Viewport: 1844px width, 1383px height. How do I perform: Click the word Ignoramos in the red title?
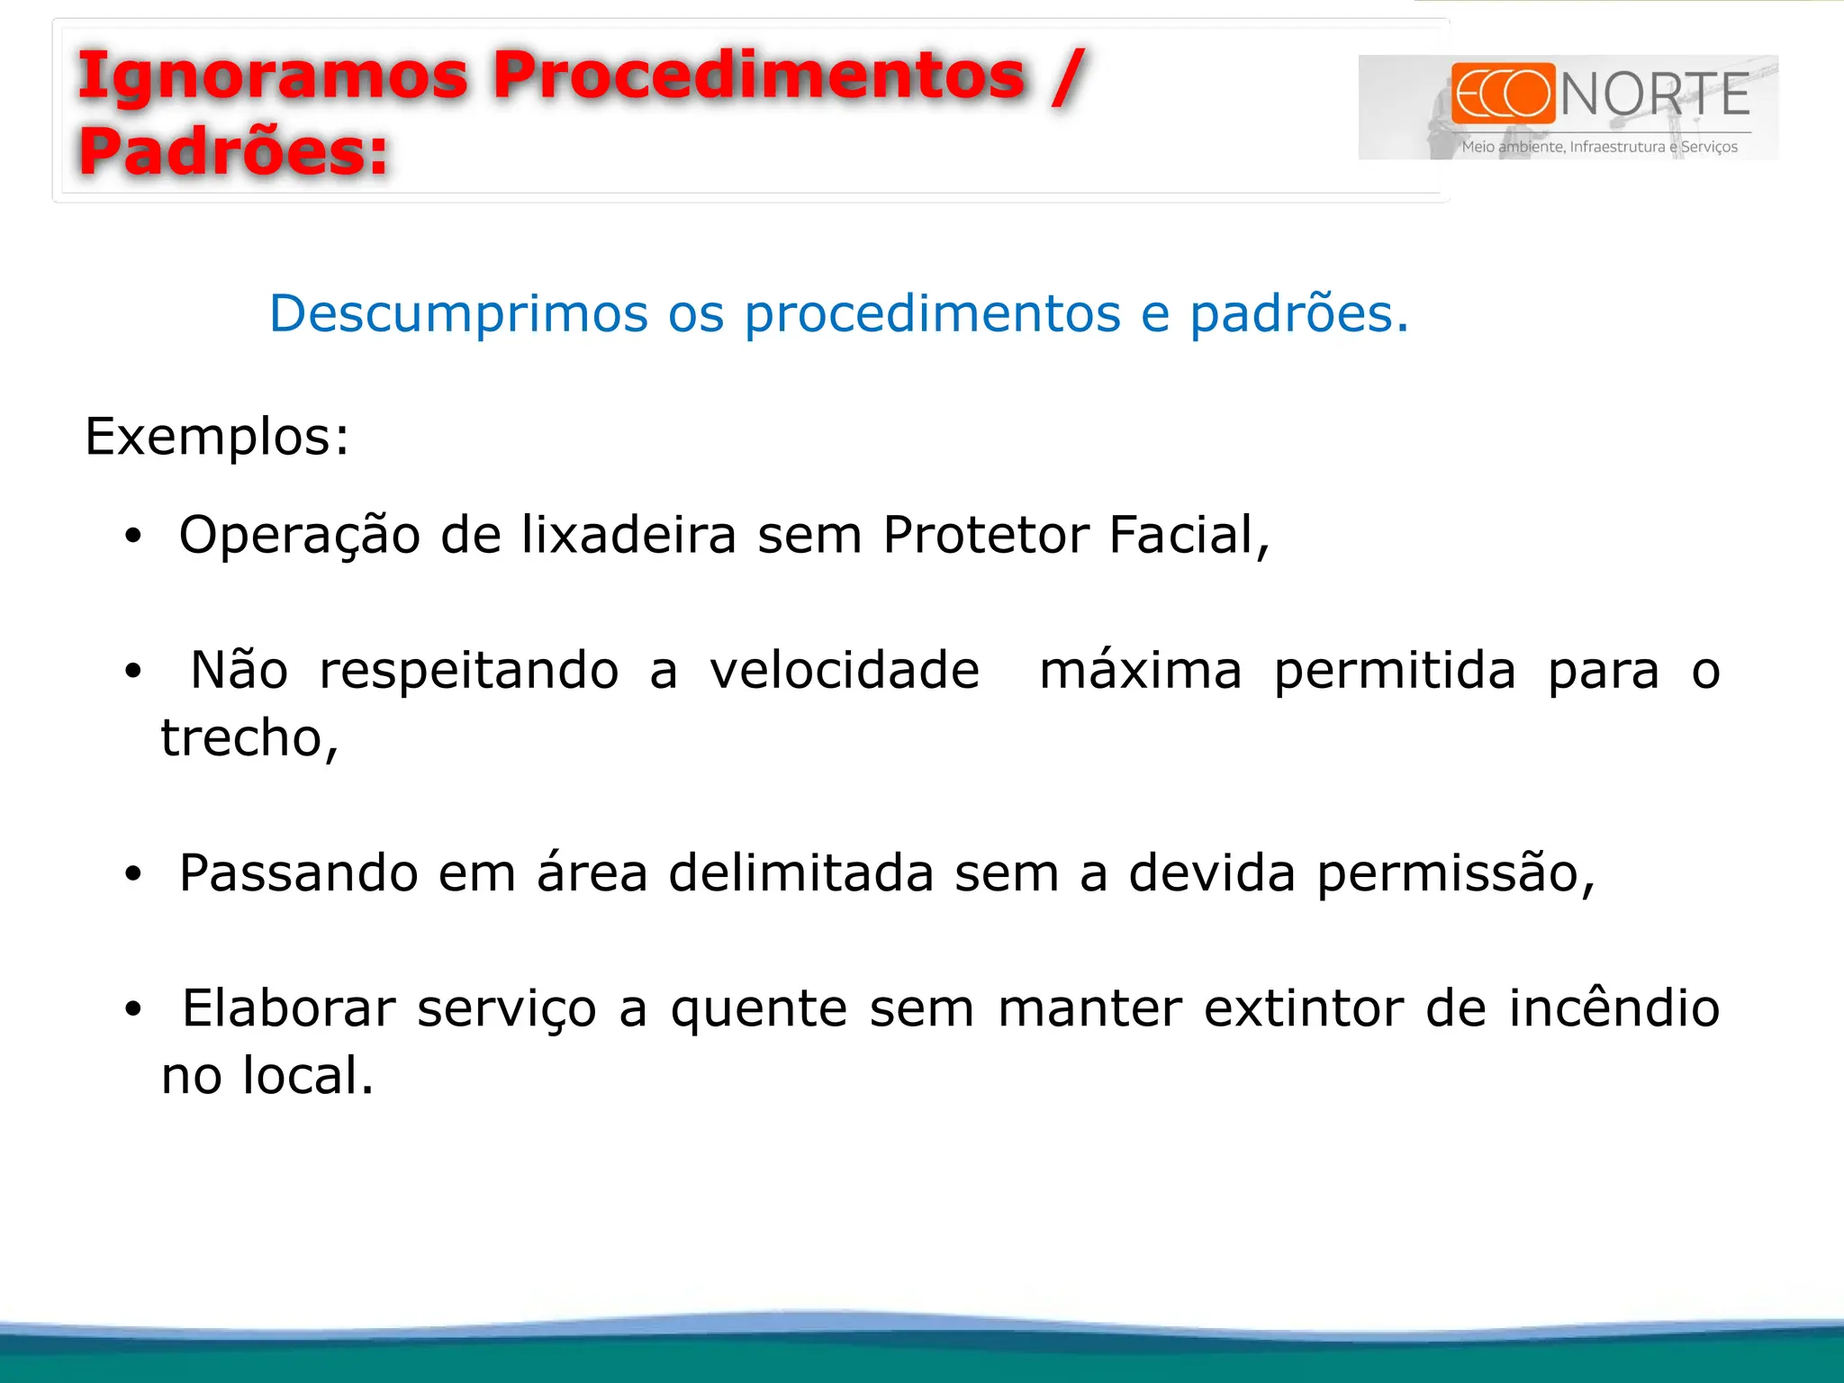pyautogui.click(x=272, y=77)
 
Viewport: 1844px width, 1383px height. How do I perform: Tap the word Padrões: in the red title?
pyautogui.click(x=232, y=151)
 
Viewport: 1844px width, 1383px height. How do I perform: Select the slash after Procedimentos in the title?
pyautogui.click(x=1068, y=77)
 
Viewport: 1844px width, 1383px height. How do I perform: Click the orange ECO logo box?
pyautogui.click(x=1503, y=93)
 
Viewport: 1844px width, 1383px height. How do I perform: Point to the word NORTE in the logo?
pyautogui.click(x=1655, y=95)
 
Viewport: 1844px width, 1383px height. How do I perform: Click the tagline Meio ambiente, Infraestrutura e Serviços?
pyautogui.click(x=1599, y=147)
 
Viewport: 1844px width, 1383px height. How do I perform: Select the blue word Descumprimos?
pyautogui.click(x=458, y=313)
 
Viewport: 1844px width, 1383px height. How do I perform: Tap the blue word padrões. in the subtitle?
pyautogui.click(x=1298, y=313)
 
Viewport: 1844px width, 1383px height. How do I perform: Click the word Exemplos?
pyautogui.click(x=217, y=437)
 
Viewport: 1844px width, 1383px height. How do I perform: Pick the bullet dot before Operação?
pyautogui.click(x=133, y=537)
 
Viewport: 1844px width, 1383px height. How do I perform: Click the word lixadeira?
pyautogui.click(x=628, y=535)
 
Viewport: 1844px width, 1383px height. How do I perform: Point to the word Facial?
pyautogui.click(x=1189, y=535)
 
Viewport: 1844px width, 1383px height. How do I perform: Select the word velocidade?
pyautogui.click(x=844, y=671)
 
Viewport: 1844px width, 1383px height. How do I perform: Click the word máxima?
pyautogui.click(x=1140, y=671)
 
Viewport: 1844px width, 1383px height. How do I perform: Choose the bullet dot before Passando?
pyautogui.click(x=133, y=874)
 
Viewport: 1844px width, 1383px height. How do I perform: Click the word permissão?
pyautogui.click(x=1455, y=873)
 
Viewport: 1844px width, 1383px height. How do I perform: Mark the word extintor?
pyautogui.click(x=1304, y=1008)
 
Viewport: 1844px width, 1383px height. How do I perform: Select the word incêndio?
pyautogui.click(x=1613, y=1008)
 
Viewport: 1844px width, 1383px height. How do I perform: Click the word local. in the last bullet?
pyautogui.click(x=308, y=1075)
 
